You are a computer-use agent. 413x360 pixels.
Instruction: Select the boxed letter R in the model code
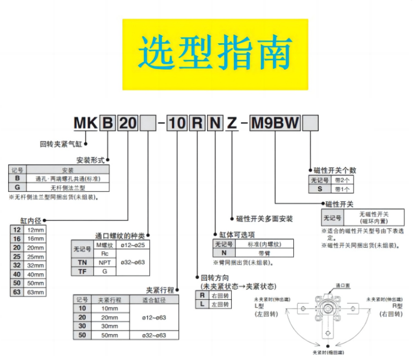[197, 124]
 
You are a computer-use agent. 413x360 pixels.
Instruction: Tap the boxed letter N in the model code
[214, 124]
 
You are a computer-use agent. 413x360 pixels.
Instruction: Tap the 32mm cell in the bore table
[36, 266]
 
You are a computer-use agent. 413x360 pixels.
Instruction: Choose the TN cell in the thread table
[82, 263]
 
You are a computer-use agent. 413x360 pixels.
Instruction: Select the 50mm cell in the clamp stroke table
[109, 335]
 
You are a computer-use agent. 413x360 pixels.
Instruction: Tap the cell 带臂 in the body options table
[263, 253]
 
